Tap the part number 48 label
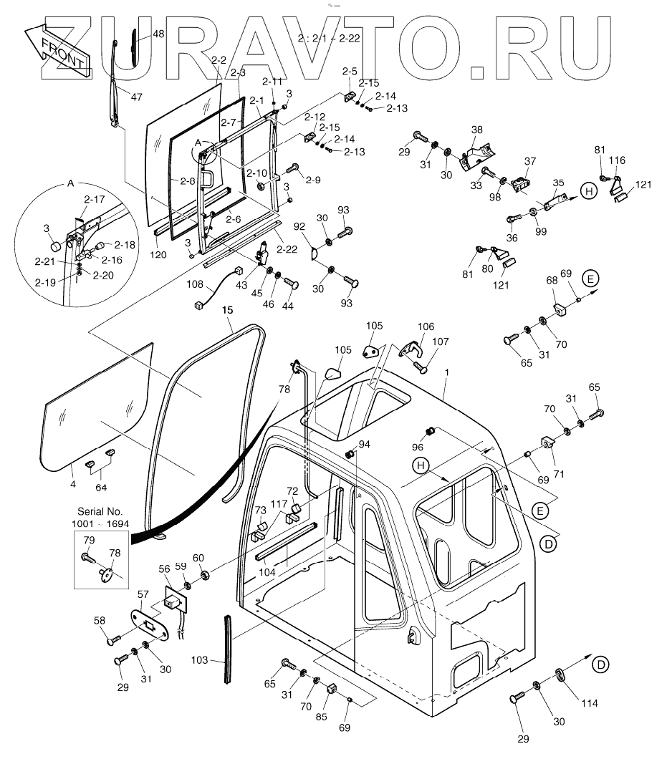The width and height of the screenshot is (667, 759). pyautogui.click(x=158, y=34)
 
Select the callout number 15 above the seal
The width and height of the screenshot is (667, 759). pyautogui.click(x=227, y=310)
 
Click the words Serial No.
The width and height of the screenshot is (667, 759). pyautogui.click(x=101, y=512)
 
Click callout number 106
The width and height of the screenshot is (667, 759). pyautogui.click(x=426, y=327)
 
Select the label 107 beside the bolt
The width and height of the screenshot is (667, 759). pyautogui.click(x=439, y=342)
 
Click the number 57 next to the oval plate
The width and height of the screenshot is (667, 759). pyautogui.click(x=143, y=594)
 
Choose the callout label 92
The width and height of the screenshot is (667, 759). pyautogui.click(x=299, y=226)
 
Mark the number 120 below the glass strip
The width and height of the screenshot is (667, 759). pyautogui.click(x=158, y=253)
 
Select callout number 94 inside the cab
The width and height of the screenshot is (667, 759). pyautogui.click(x=364, y=444)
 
